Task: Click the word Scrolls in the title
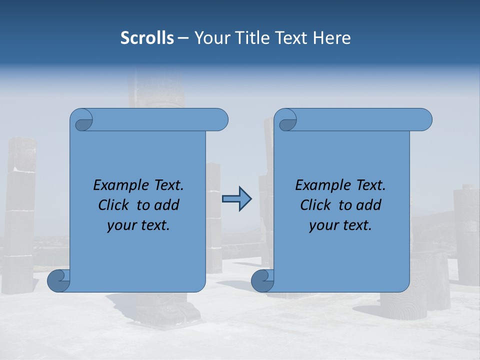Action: point(147,38)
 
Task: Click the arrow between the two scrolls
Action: point(236,199)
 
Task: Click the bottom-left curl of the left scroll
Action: point(59,280)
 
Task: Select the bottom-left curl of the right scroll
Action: point(262,280)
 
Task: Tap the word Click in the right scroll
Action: point(315,205)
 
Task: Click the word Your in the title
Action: point(210,38)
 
